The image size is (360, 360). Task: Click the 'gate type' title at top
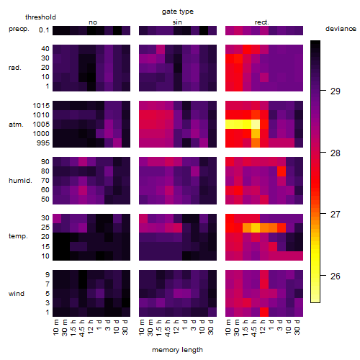pos(178,12)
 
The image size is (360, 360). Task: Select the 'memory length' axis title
pos(177,350)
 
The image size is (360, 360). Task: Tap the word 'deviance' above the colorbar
pos(341,29)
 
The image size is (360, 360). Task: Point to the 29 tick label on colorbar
pos(336,91)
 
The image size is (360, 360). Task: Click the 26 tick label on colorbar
pos(336,276)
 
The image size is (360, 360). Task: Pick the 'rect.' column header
pos(261,22)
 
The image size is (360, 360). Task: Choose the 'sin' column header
pos(177,22)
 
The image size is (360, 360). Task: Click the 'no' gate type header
pos(93,22)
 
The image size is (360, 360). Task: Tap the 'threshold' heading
pos(40,17)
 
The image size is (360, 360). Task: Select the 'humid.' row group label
pos(20,180)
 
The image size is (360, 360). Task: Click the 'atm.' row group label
pos(16,125)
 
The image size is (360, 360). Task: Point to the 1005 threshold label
pos(41,125)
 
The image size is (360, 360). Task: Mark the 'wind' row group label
pos(17,293)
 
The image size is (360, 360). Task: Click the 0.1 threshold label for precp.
pos(44,30)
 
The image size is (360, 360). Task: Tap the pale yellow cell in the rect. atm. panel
pos(256,125)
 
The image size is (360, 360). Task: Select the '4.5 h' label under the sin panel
pos(167,328)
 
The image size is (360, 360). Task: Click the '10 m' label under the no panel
pos(56,328)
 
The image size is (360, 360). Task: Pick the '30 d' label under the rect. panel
pos(297,328)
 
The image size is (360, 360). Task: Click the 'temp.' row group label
pos(18,236)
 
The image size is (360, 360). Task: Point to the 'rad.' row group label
pos(15,68)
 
